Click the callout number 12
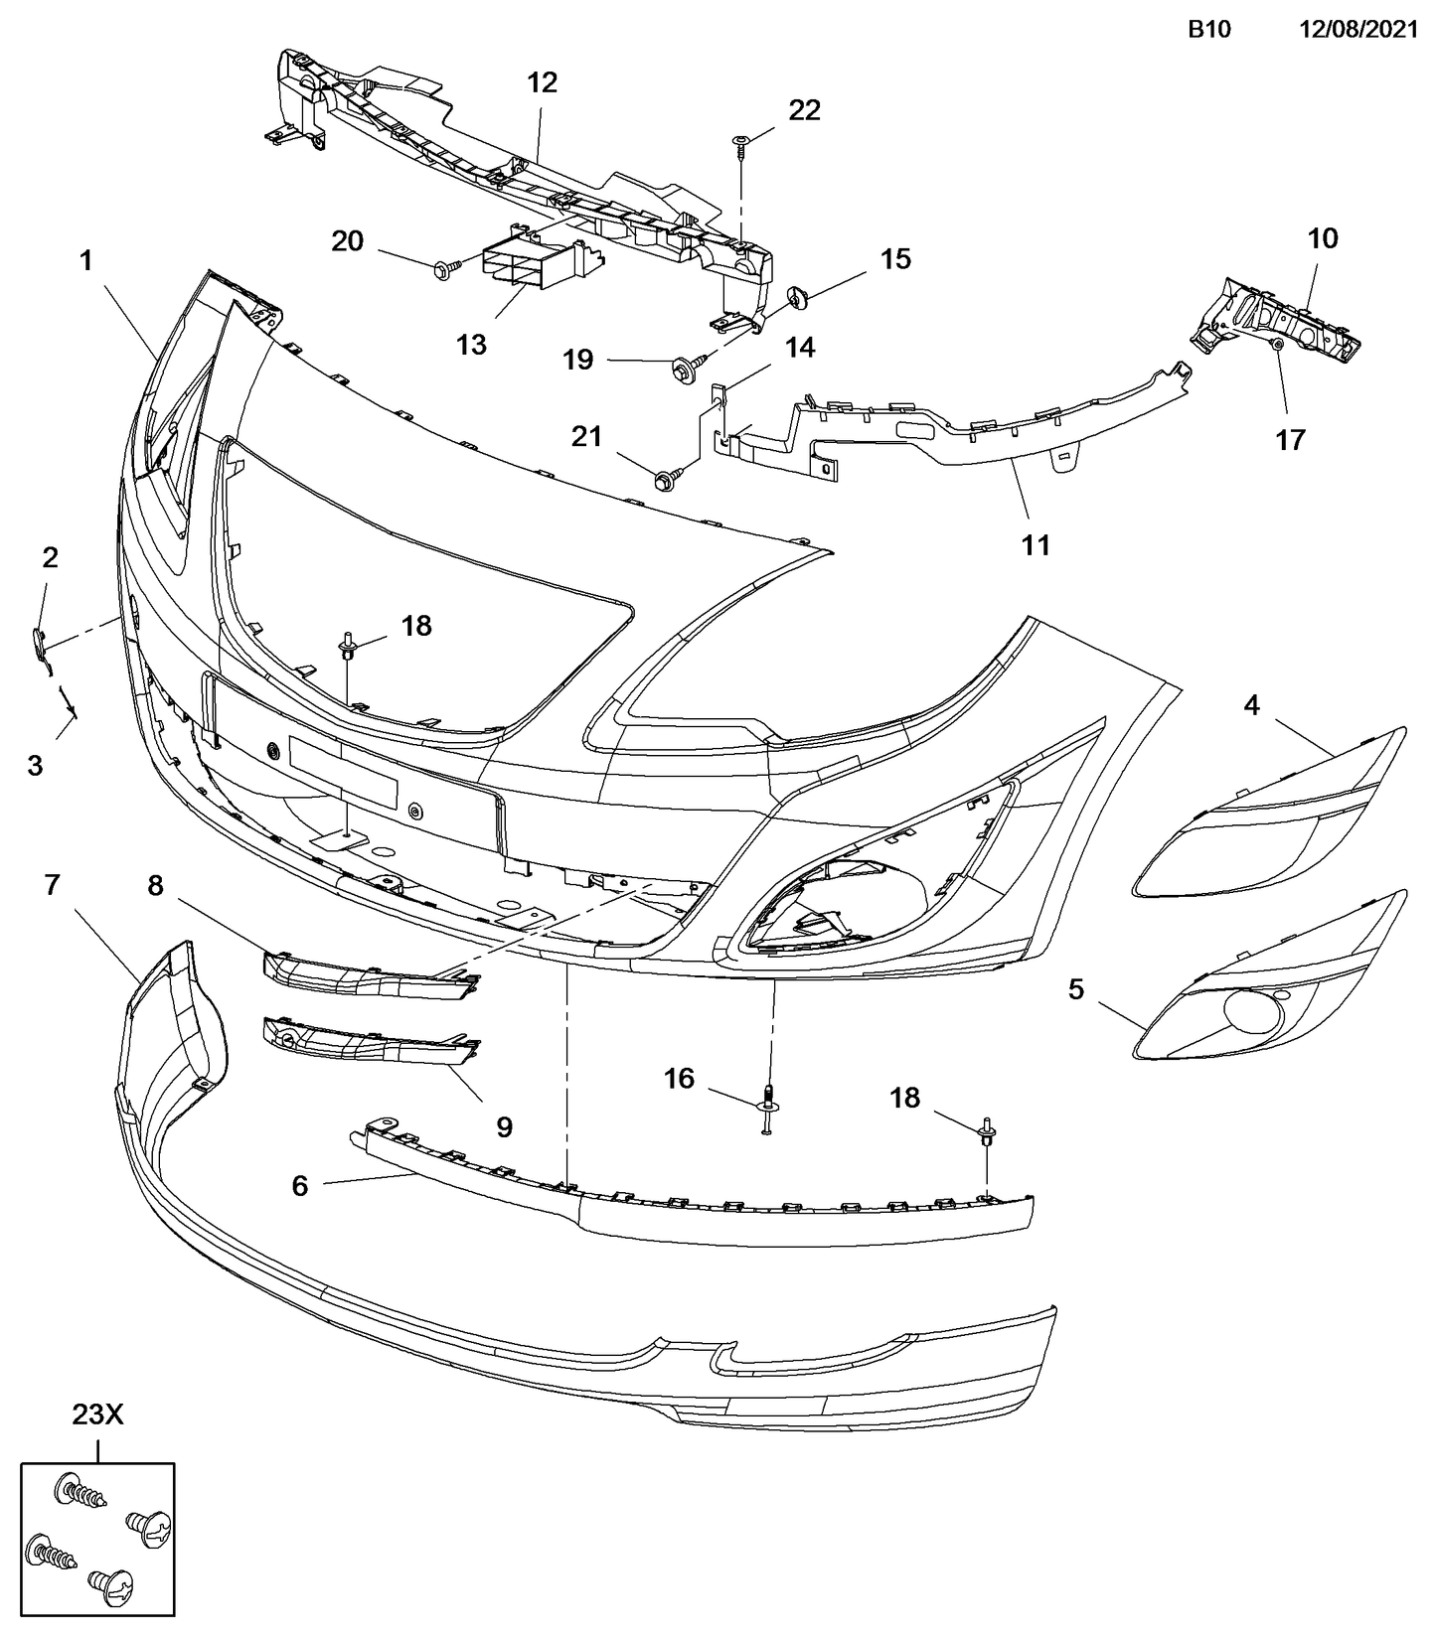pyautogui.click(x=543, y=82)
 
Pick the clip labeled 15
pyautogui.click(x=795, y=294)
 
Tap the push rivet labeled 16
pyautogui.click(x=767, y=1107)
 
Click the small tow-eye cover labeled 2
pyautogui.click(x=39, y=644)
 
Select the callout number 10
pyautogui.click(x=1323, y=238)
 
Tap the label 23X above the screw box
pyautogui.click(x=96, y=1414)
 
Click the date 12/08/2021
pyautogui.click(x=1358, y=30)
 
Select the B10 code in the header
pyautogui.click(x=1209, y=30)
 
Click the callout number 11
pyautogui.click(x=1036, y=544)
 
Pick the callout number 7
pyautogui.click(x=53, y=884)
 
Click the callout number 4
pyautogui.click(x=1251, y=705)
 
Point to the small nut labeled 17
pyautogui.click(x=1279, y=344)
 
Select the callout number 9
pyautogui.click(x=504, y=1126)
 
